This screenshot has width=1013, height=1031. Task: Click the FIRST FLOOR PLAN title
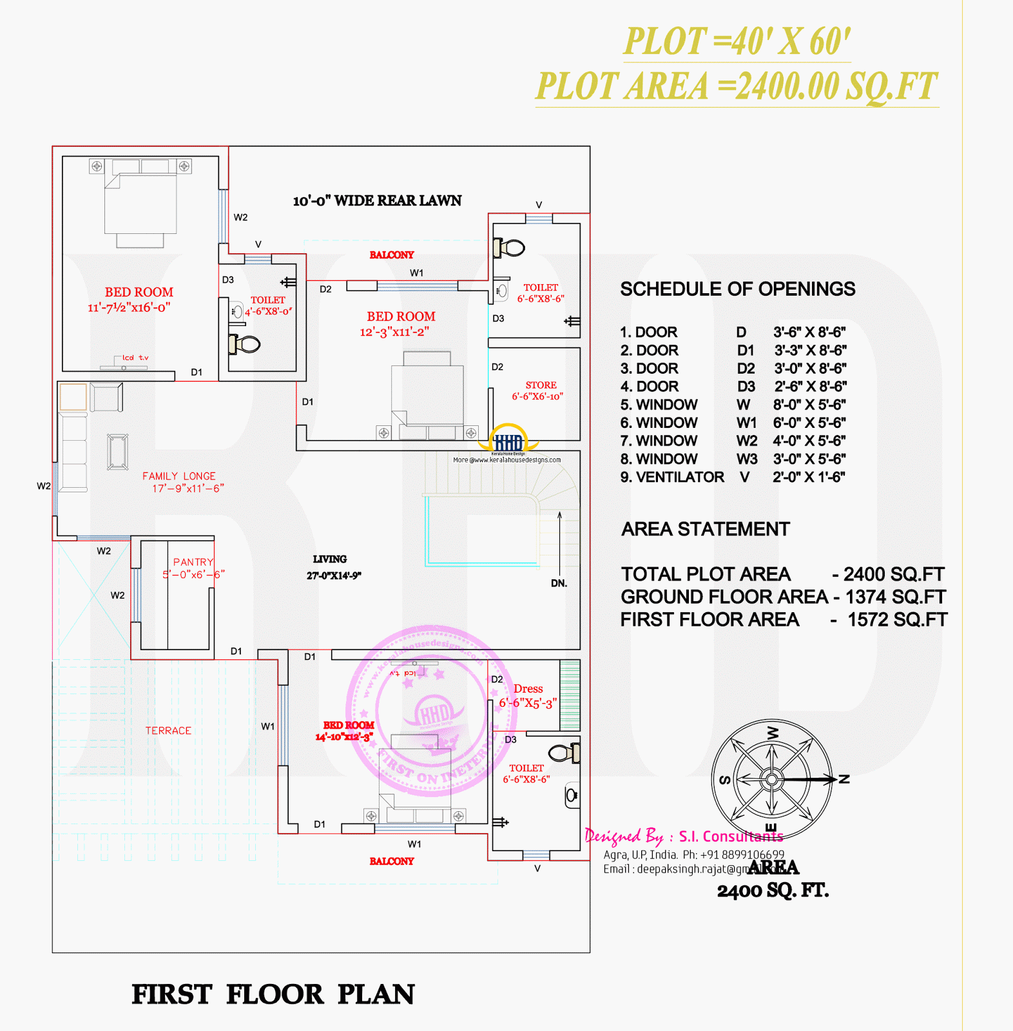(273, 994)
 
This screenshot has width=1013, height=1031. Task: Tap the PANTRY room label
(193, 562)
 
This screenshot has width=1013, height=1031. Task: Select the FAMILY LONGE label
(179, 476)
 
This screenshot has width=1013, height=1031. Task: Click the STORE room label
(541, 385)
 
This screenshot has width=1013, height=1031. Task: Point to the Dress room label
(528, 689)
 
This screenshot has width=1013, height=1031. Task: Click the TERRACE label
(168, 731)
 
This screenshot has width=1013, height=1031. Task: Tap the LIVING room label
(330, 559)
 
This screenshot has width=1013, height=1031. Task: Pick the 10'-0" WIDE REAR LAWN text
(377, 201)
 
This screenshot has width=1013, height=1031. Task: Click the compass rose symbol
(771, 779)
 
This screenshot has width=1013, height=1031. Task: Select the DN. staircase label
(559, 583)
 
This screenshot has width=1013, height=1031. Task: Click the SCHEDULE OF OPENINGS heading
(738, 289)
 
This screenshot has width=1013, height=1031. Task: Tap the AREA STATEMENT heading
(706, 529)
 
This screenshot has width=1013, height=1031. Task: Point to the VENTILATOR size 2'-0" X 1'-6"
(809, 477)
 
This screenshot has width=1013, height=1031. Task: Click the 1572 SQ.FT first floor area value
(897, 620)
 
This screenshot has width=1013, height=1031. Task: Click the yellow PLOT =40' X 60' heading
(737, 42)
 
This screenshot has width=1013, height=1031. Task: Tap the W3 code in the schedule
(747, 459)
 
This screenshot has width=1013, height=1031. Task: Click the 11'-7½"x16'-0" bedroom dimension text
(129, 307)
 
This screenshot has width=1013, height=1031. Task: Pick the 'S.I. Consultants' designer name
(731, 836)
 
